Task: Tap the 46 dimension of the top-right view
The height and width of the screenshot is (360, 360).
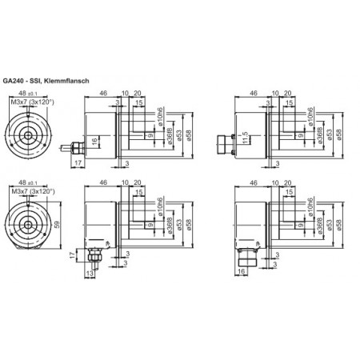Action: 253,94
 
